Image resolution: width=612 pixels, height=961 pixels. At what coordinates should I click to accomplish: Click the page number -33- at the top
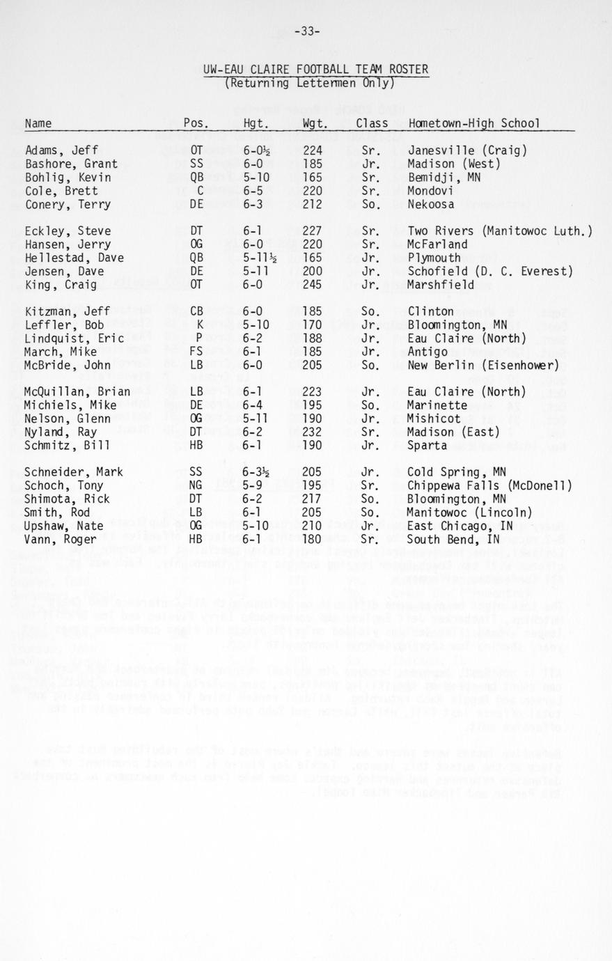click(x=307, y=31)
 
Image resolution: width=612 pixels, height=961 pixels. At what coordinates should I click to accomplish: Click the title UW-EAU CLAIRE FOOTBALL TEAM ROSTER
click(x=315, y=70)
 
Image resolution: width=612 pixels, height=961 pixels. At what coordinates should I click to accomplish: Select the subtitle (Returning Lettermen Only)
click(x=309, y=83)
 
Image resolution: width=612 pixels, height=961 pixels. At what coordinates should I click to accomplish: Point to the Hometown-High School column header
click(x=473, y=123)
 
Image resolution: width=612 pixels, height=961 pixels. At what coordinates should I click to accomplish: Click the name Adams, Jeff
click(x=61, y=150)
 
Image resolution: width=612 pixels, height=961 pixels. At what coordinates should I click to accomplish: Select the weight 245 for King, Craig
click(x=312, y=285)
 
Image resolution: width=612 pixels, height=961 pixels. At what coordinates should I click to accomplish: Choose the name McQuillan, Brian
click(x=77, y=392)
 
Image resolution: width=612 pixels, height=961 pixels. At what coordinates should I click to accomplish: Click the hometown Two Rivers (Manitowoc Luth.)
click(x=499, y=231)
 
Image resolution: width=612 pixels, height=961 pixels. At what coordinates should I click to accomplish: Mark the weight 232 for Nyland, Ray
click(x=312, y=432)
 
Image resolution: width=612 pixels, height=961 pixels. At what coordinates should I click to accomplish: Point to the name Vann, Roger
click(x=61, y=539)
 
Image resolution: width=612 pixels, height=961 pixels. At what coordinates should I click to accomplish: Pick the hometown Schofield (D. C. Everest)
click(x=489, y=272)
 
